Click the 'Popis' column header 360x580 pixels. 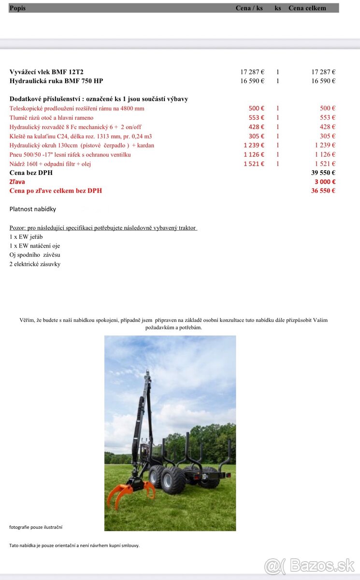coord(17,8)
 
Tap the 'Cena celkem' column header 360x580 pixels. coord(307,8)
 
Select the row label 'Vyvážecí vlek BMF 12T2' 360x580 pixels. coord(46,72)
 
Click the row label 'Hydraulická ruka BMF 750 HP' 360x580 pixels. coord(56,81)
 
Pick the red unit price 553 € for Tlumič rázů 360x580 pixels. coord(256,118)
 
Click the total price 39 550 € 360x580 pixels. coord(323,173)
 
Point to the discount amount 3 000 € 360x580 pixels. coord(325,182)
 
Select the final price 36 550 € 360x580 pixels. coord(323,191)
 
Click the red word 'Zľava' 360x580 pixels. coord(17,182)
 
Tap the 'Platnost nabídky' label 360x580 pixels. coord(33,209)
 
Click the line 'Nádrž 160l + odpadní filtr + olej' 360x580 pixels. coord(50,164)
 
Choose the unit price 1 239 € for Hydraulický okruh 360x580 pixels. coord(254,145)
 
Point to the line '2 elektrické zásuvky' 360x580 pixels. coord(35,264)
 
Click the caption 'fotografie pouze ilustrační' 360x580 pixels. coord(36,527)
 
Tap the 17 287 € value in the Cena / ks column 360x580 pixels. coord(252,72)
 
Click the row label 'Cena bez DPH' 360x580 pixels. coord(31,173)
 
